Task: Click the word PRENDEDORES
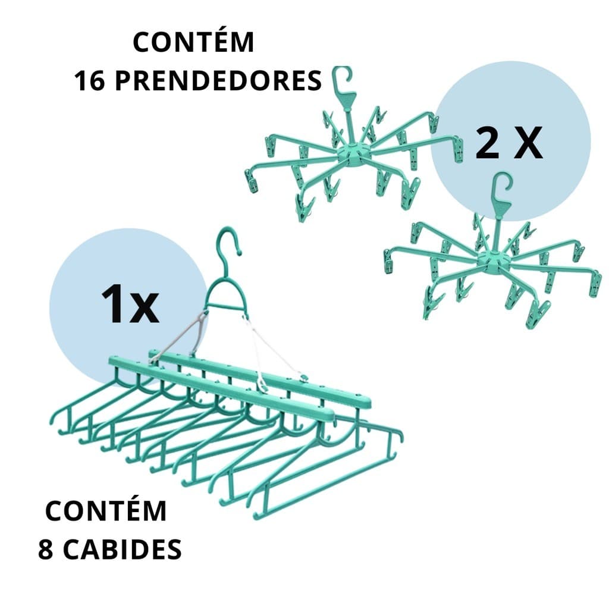coord(219,81)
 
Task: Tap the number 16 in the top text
coord(89,81)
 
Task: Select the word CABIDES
coord(123,549)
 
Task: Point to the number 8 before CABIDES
coord(46,549)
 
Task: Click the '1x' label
coord(130,303)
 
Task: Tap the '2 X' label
coord(509,142)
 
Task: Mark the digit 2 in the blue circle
coord(487,142)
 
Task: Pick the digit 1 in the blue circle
coord(112,303)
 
